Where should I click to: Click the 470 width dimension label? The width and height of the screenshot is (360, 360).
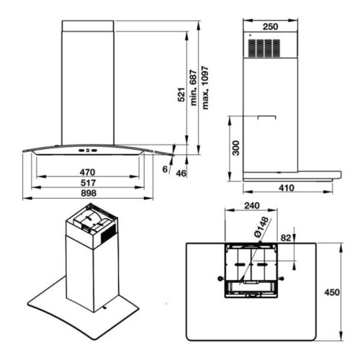point(88,172)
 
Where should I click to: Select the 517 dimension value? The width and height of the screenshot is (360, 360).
point(88,183)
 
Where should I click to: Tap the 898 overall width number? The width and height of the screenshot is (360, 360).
point(89,193)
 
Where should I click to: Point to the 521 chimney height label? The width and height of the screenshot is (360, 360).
point(181,95)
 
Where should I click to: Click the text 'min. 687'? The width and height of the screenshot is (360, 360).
point(194,88)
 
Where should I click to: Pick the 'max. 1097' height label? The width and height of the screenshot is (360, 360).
point(205,88)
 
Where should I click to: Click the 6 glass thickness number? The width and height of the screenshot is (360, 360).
point(165,169)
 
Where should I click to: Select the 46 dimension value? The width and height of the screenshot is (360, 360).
point(181,174)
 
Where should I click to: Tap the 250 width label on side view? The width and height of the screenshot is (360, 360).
point(271,27)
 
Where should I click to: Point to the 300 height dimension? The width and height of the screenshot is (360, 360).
point(236,148)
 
